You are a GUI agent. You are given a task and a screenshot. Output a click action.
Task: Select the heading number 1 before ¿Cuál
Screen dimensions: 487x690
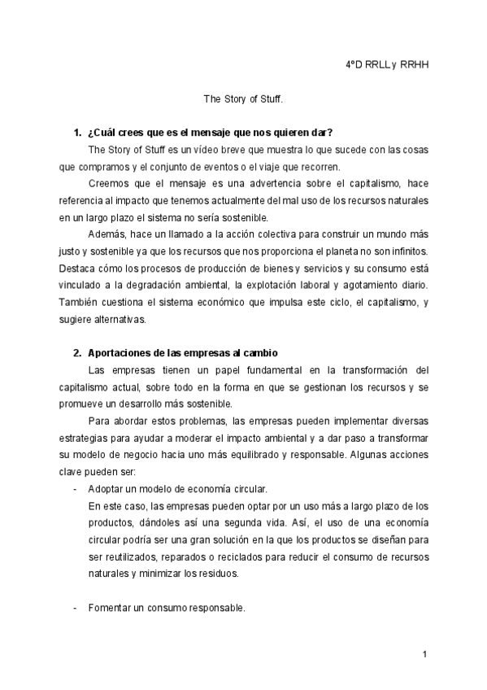click(x=76, y=133)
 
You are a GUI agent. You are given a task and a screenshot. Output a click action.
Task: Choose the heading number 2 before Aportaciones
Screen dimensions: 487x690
click(x=76, y=353)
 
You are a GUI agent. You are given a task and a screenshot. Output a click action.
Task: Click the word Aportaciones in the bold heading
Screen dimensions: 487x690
click(x=119, y=353)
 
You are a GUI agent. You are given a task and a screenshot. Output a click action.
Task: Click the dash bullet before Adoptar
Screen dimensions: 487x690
click(x=75, y=489)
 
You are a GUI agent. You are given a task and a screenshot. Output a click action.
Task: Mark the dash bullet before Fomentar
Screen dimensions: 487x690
click(x=75, y=608)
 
